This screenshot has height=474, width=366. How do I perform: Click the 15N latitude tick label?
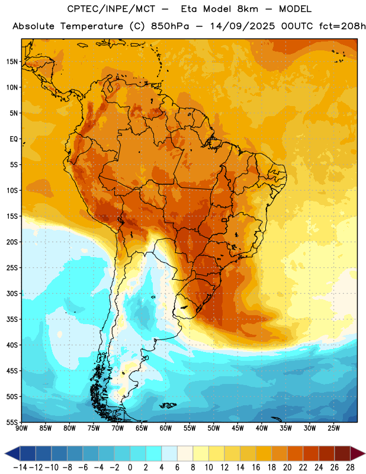pyautogui.click(x=12, y=62)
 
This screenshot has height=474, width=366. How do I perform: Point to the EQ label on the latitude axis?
pyautogui.click(x=14, y=139)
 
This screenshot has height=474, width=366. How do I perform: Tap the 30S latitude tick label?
pyautogui.click(x=12, y=293)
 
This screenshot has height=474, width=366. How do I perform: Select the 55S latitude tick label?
pyautogui.click(x=12, y=422)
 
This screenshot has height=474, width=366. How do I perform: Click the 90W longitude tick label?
pyautogui.click(x=21, y=428)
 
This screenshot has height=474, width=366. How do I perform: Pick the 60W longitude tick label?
pyautogui.click(x=166, y=428)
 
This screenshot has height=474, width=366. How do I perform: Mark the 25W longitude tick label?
pyautogui.click(x=333, y=428)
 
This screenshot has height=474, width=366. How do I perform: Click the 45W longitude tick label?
pyautogui.click(x=238, y=428)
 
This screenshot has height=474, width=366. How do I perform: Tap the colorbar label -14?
pyautogui.click(x=21, y=467)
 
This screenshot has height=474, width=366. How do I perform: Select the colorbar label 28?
pyautogui.click(x=351, y=467)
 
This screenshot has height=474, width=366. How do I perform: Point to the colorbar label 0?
pyautogui.click(x=130, y=467)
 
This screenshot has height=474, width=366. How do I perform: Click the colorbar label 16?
pyautogui.click(x=256, y=467)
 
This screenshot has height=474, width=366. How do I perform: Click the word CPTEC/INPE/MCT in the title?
pyautogui.click(x=111, y=9)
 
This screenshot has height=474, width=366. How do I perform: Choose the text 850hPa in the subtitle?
pyautogui.click(x=170, y=26)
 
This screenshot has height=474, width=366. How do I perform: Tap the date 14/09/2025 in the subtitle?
pyautogui.click(x=242, y=26)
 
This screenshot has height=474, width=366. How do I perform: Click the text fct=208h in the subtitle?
pyautogui.click(x=342, y=26)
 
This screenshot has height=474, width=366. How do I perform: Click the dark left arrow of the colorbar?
pyautogui.click(x=12, y=453)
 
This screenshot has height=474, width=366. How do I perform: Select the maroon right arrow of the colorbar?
pyautogui.click(x=358, y=453)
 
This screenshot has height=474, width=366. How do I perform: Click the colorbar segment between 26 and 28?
pyautogui.click(x=343, y=453)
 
